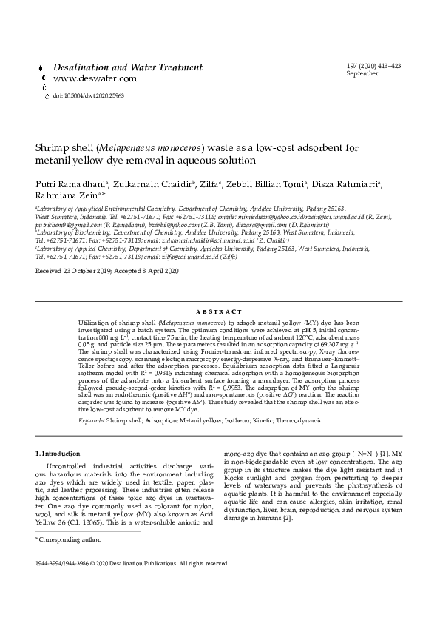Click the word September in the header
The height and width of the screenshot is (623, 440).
coord(362,73)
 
